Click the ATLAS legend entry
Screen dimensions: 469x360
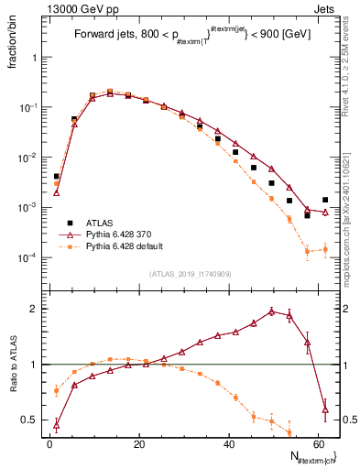click(x=98, y=222)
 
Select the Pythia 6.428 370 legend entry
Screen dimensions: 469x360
click(x=119, y=234)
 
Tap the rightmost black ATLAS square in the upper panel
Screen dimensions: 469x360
click(x=325, y=200)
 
